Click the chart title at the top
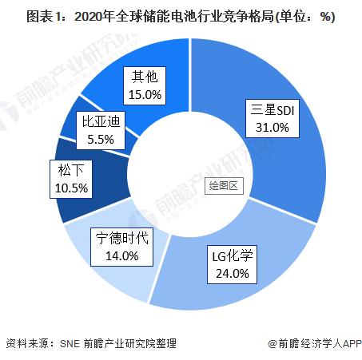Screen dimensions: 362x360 pos(181,17)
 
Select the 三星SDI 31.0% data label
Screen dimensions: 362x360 pos(272,118)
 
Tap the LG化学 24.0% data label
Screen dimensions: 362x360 pos(232,264)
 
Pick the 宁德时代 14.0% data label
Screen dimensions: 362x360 pos(121,247)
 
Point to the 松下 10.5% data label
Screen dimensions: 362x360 pos(71,179)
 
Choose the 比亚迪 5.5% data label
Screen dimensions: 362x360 pos(101,130)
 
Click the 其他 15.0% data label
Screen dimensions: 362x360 pos(145,85)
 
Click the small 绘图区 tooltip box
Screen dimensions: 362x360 pos(224,185)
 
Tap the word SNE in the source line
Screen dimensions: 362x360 pos(70,343)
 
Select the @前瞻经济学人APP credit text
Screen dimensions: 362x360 pos(315,343)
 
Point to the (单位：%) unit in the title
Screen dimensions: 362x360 pos(304,17)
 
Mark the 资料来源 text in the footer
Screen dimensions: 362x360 pos(27,343)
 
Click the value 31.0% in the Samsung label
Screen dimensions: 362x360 pos(272,128)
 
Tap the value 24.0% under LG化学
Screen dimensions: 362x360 pos(233,274)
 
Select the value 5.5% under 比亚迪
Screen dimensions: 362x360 pos(101,140)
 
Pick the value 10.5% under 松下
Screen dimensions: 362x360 pos(71,188)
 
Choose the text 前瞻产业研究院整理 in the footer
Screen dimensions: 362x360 pos(130,343)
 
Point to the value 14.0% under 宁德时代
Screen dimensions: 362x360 pos(122,256)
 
